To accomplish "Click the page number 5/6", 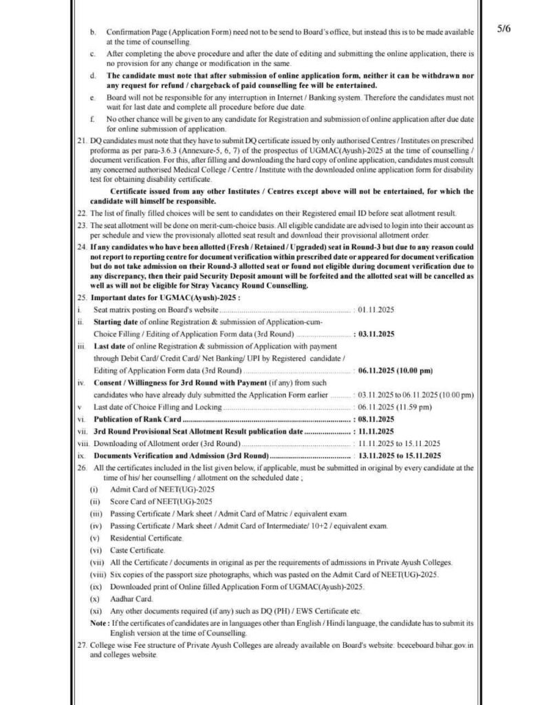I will (x=503, y=30).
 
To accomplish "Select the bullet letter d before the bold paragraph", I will (x=94, y=74).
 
